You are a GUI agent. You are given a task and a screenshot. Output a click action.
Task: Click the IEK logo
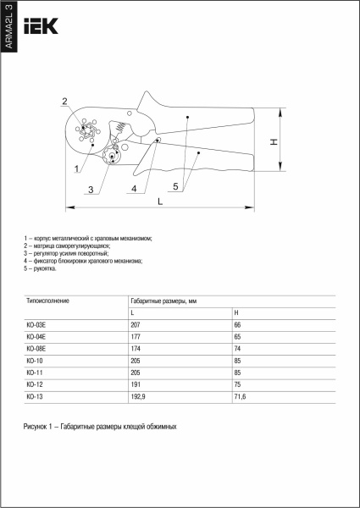[41, 26]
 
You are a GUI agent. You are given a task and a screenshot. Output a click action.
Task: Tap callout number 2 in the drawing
[65, 101]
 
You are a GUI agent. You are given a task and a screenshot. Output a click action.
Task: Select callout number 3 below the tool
[91, 190]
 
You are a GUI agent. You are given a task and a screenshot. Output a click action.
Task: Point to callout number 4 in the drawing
[134, 189]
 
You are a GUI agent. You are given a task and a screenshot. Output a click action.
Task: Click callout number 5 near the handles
[175, 186]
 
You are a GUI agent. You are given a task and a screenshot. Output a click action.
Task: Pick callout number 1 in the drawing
[76, 168]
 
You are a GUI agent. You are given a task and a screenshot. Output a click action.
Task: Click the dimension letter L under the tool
[160, 202]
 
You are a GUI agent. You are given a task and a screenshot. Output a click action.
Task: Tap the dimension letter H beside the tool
[274, 141]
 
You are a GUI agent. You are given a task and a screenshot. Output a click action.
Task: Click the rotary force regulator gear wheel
[112, 157]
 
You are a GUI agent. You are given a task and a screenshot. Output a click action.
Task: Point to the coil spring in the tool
[120, 126]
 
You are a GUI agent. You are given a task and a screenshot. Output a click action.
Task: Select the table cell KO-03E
[36, 325]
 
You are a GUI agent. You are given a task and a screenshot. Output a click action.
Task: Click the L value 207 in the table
[136, 325]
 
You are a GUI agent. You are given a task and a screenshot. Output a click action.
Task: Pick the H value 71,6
[240, 396]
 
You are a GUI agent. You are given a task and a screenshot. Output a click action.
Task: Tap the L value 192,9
[138, 396]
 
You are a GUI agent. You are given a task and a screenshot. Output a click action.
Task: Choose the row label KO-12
[35, 384]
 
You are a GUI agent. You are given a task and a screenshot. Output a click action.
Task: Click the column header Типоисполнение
[48, 301]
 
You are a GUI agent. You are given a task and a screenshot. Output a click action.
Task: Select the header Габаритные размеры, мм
[163, 301]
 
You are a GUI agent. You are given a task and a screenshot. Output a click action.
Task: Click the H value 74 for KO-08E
[237, 349]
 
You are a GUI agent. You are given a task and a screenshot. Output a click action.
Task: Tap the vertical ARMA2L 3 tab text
[8, 26]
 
